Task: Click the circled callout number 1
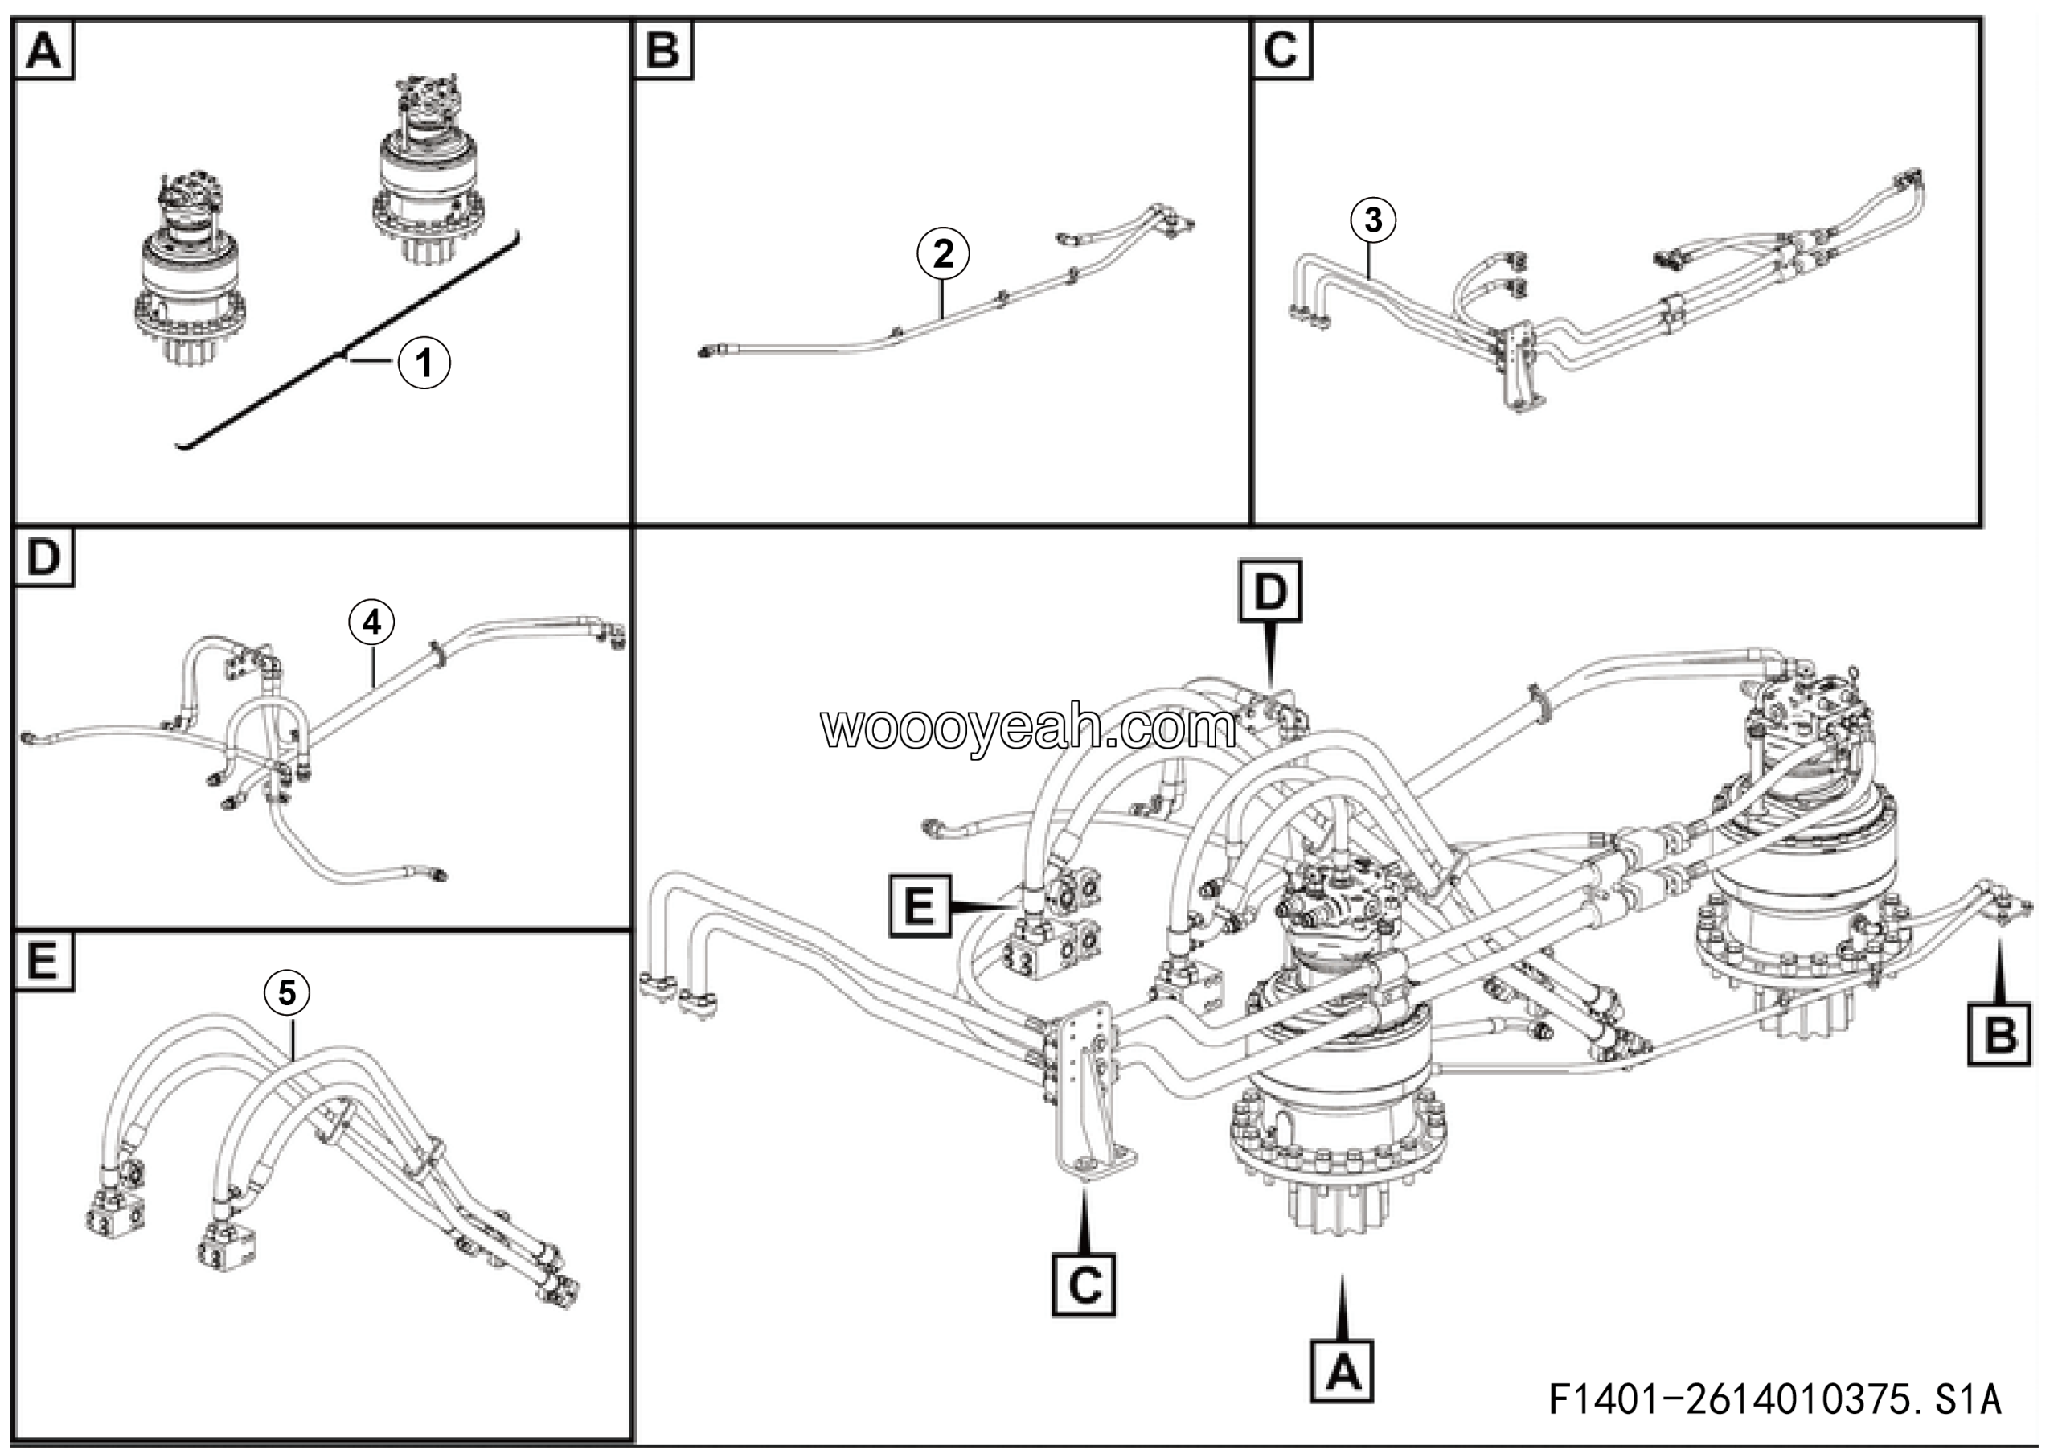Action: [x=424, y=363]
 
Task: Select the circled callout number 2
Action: [x=943, y=253]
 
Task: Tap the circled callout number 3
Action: [x=1373, y=219]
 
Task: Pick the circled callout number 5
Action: [x=287, y=992]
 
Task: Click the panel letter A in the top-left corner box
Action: [x=44, y=50]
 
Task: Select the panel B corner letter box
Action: [x=663, y=50]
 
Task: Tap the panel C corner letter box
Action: [x=1281, y=50]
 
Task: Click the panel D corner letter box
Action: [x=44, y=557]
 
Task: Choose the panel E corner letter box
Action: [x=44, y=961]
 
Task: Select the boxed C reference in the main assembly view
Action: [x=1084, y=1285]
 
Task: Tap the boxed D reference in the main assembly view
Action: [x=1270, y=592]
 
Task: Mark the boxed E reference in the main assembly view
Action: [x=920, y=907]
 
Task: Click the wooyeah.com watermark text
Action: [x=1028, y=728]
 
